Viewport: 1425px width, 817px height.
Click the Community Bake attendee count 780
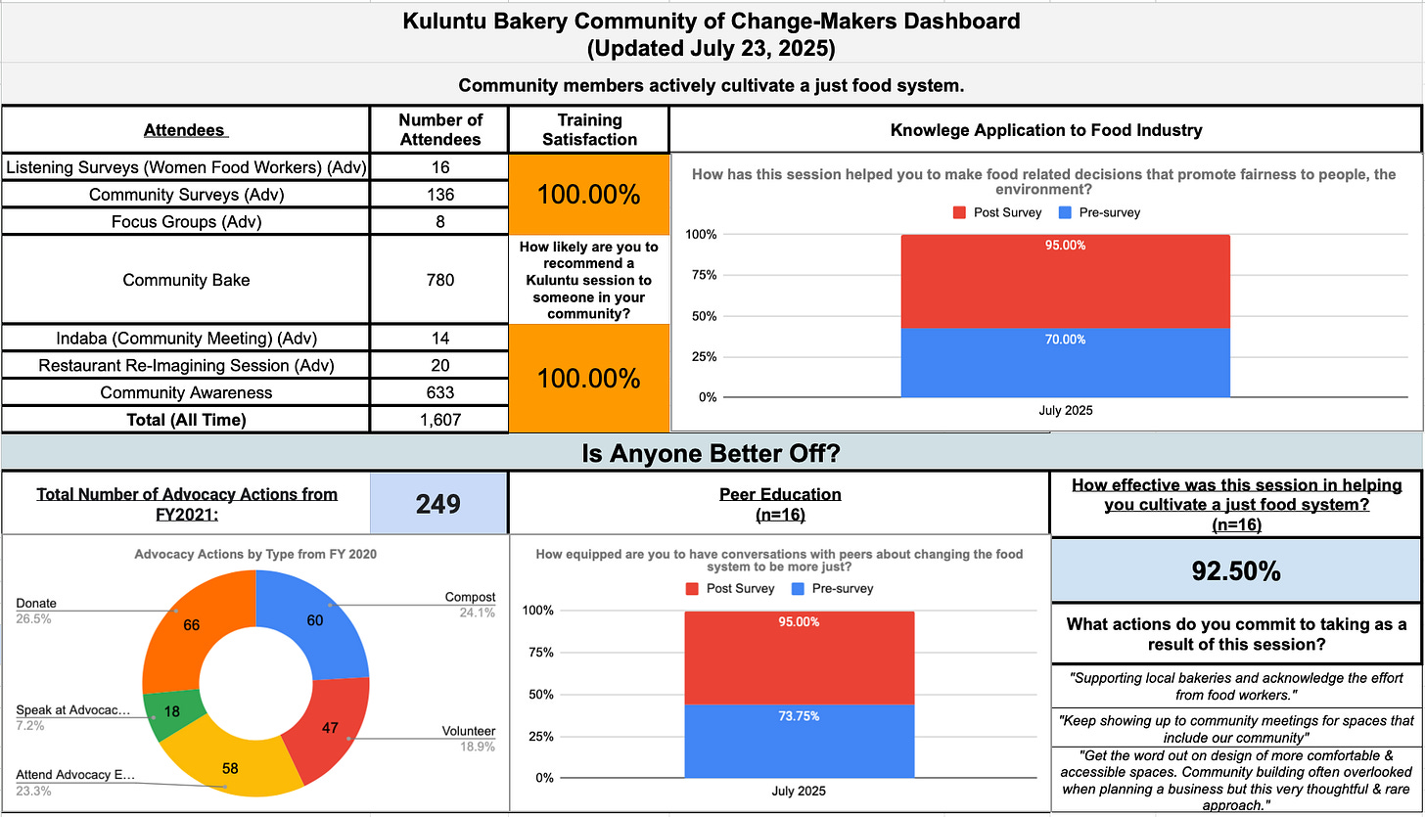coord(440,280)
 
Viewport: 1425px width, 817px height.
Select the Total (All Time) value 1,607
coord(440,420)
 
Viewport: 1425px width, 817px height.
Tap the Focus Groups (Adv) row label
coord(185,221)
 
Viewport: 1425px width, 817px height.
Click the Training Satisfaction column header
coord(589,129)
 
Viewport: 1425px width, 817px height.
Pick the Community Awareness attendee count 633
coord(440,392)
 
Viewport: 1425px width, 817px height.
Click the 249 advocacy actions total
coord(438,504)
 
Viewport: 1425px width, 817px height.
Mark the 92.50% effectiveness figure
coord(1236,571)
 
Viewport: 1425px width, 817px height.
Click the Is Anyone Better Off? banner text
coord(712,454)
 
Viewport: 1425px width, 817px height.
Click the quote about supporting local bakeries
coord(1236,686)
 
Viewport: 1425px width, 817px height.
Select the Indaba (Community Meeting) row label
coord(185,338)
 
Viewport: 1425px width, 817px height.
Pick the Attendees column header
coord(185,129)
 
